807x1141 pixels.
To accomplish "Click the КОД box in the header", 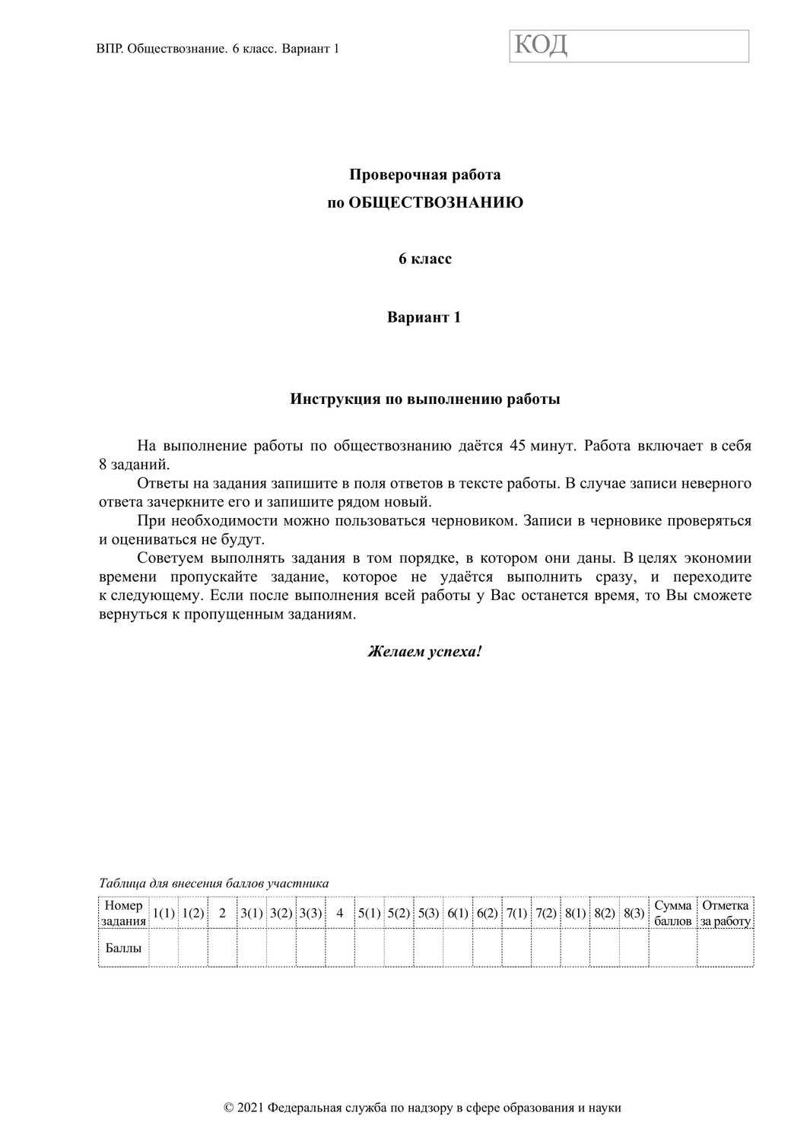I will (628, 46).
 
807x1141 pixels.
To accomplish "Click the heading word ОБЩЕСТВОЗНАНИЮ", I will (436, 203).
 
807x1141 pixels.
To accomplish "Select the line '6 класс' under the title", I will (425, 259).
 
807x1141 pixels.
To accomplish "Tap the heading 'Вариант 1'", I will (424, 317).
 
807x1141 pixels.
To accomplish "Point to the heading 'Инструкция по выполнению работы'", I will (425, 399).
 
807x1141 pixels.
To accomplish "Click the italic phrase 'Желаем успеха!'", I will (424, 652).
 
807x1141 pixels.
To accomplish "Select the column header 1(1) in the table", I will (164, 914).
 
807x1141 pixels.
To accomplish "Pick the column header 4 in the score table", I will (340, 914).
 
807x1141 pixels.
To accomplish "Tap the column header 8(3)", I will (634, 914).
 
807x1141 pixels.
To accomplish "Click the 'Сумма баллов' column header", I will (672, 914).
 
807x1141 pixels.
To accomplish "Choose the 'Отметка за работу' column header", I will (725, 914).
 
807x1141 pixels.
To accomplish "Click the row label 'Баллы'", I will (123, 949).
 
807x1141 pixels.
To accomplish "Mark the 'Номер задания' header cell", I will (123, 914).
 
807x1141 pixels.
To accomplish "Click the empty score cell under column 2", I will (222, 949).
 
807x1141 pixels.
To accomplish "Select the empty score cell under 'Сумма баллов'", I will (672, 949).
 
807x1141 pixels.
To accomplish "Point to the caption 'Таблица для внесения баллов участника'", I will (214, 883).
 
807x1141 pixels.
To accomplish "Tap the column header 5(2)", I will (399, 914).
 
